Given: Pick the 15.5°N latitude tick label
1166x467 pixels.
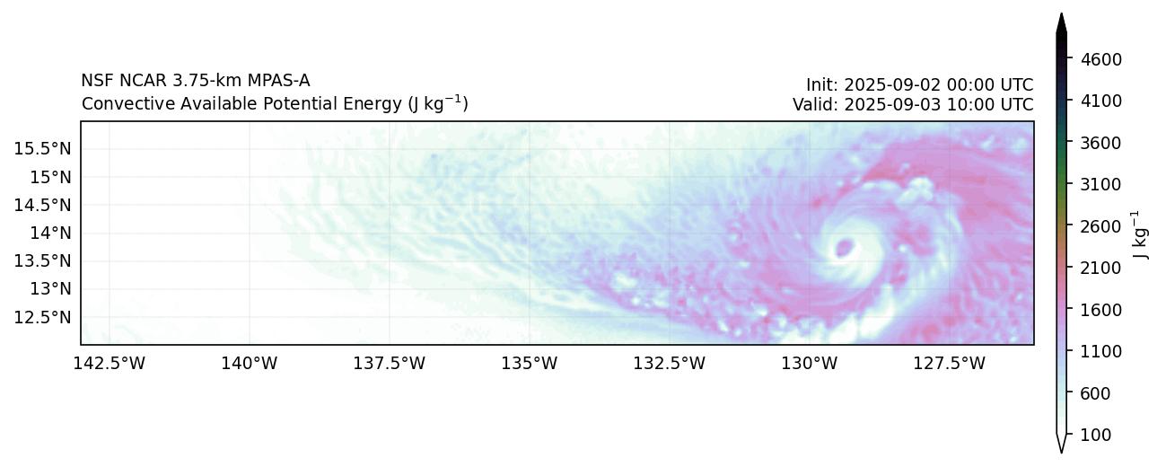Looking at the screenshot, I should tap(43, 148).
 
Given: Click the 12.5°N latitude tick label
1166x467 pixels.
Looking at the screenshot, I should tap(43, 317).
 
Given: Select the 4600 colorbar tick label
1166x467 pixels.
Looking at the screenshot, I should tap(1090, 59).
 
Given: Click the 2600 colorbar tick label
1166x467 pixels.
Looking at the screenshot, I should tap(1090, 226).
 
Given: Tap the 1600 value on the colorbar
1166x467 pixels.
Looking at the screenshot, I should tap(1090, 310).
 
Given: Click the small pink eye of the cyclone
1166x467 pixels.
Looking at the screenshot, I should tap(845, 246).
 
